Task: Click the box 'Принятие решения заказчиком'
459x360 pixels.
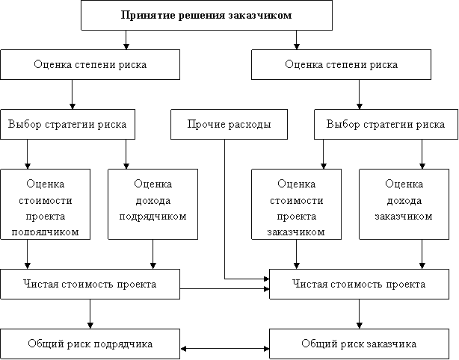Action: tap(206, 15)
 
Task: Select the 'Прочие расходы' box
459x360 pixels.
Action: tap(229, 124)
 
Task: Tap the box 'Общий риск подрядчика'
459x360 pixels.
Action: tap(90, 344)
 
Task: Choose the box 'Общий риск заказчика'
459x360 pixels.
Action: tap(359, 344)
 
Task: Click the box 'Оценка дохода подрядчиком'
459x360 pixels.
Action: tap(153, 204)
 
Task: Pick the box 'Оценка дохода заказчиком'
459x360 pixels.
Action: tap(404, 204)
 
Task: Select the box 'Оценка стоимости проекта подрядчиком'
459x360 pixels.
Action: tap(45, 204)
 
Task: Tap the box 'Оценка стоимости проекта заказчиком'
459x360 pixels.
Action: tap(296, 204)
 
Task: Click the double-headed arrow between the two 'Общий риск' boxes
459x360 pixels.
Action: tap(225, 349)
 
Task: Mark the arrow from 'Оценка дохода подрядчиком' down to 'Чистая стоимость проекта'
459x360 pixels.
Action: tap(153, 254)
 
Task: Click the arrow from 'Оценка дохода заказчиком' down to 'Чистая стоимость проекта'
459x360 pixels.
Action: tap(422, 254)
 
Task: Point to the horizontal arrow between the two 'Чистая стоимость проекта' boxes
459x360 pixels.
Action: tap(225, 289)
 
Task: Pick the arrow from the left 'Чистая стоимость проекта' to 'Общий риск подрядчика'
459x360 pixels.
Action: tap(90, 314)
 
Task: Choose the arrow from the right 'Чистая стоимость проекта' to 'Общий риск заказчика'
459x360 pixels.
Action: tap(359, 314)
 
